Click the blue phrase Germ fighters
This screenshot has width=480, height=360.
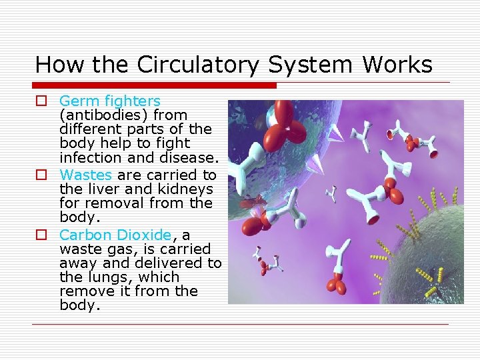tap(109, 101)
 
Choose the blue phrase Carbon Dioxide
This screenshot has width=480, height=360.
tap(115, 235)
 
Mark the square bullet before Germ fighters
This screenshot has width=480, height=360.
tap(41, 101)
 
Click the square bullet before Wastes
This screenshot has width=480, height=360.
tap(41, 175)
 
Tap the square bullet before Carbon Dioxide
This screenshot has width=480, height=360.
tap(41, 235)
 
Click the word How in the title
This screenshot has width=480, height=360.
tap(52, 65)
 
